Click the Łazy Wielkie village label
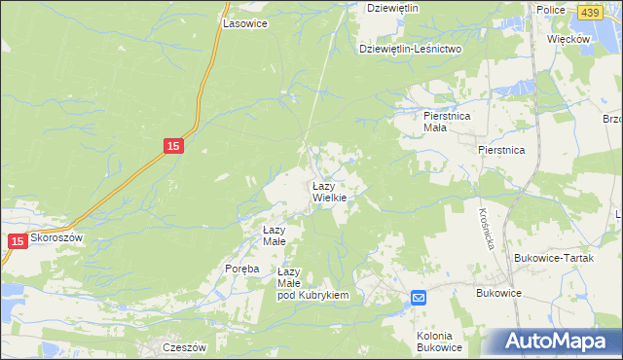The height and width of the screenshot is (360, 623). pos(329,191)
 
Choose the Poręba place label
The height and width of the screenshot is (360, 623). pos(241,269)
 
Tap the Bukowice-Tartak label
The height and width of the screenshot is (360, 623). pos(551,258)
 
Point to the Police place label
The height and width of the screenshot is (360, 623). pos(551,9)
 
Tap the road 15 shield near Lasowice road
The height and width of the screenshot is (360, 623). pos(172,146)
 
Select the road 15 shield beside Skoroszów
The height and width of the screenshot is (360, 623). pos(17,240)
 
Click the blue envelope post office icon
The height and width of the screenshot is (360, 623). pos(418,298)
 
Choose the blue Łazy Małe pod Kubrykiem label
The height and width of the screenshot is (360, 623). pos(312,283)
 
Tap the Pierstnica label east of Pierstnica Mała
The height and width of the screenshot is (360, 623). pos(501,150)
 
